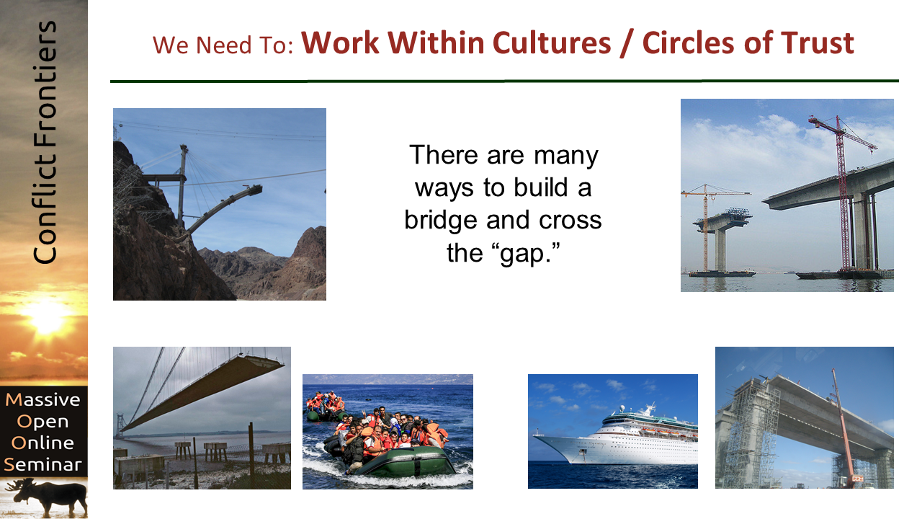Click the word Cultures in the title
point(552,43)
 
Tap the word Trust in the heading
point(818,43)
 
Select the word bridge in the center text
point(441,221)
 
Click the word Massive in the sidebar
point(42,399)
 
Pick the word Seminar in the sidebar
point(42,464)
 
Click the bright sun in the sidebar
point(46,317)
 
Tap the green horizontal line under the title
point(504,81)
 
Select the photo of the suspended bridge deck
point(202,417)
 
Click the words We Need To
point(223,45)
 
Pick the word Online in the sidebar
point(42,443)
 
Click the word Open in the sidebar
point(42,422)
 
